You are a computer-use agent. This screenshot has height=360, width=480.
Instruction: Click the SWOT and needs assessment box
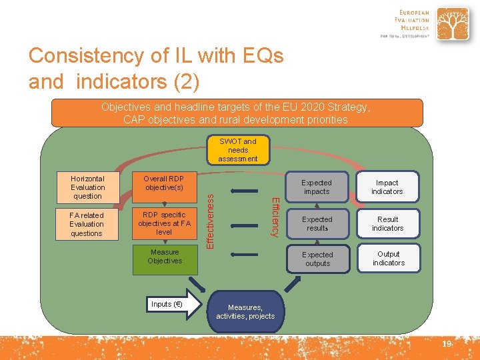point(237,150)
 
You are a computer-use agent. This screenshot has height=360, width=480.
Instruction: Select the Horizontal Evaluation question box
point(87,187)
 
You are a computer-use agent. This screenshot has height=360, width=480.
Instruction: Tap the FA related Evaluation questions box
point(87,224)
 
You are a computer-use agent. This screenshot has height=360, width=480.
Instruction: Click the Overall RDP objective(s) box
point(164,183)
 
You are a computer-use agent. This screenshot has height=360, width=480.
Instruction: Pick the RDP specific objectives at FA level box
point(164,223)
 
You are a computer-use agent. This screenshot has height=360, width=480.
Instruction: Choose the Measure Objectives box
point(165,257)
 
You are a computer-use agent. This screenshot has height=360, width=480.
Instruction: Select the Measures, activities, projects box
point(245,311)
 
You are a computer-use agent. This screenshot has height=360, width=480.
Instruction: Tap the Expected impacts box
point(317,187)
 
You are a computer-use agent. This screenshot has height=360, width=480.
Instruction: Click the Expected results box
point(317,223)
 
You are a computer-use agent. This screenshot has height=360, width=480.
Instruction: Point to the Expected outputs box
point(317,259)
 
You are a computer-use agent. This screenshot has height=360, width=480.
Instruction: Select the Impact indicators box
point(387,187)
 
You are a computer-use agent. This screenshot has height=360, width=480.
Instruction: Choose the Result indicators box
point(387,223)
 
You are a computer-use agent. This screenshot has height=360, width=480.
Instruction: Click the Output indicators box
point(388,258)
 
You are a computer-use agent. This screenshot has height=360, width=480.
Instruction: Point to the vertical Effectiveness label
point(211,217)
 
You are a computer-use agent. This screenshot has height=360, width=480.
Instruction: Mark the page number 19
point(446,344)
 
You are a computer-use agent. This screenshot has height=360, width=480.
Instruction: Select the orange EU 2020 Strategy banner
point(237,113)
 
